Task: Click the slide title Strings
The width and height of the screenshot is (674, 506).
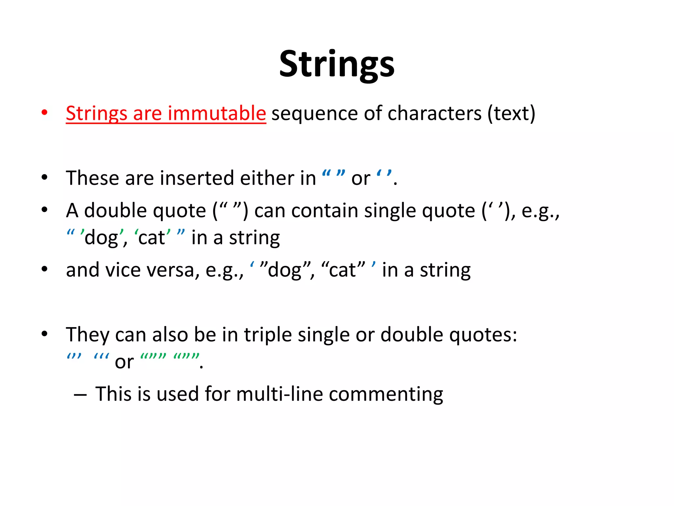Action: click(x=337, y=64)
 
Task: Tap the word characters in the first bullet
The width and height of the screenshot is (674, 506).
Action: click(x=434, y=113)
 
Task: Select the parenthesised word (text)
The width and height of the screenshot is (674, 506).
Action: click(x=511, y=113)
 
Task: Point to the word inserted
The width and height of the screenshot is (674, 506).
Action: click(x=197, y=178)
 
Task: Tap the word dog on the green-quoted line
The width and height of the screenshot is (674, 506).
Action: click(x=101, y=238)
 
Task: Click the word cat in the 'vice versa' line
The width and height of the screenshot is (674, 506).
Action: click(x=342, y=270)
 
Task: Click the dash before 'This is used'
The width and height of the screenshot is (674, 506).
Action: click(x=80, y=395)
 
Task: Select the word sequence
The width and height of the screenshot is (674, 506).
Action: click(x=314, y=113)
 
